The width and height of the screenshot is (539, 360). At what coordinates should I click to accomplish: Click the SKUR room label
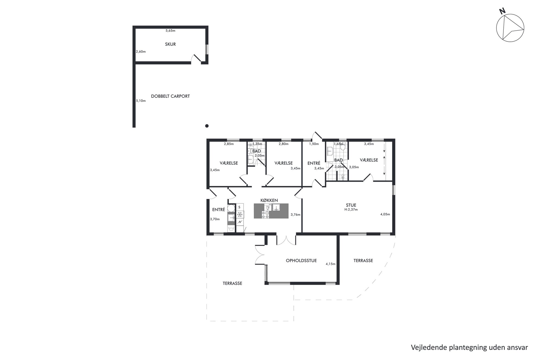(170, 44)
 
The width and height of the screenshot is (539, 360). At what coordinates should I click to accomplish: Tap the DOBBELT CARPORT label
(170, 96)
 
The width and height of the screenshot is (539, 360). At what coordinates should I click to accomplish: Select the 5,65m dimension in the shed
(170, 31)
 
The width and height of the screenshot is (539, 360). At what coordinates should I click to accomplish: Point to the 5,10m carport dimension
(141, 101)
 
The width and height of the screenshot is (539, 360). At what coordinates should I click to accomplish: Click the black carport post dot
(207, 126)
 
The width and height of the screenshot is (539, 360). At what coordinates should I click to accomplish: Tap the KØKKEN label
(269, 200)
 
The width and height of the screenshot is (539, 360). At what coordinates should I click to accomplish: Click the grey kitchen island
(271, 211)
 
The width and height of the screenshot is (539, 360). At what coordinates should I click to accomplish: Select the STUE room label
(351, 205)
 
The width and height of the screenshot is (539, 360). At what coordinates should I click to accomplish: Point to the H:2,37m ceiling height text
(351, 210)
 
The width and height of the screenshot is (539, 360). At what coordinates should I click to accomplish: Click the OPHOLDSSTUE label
(301, 260)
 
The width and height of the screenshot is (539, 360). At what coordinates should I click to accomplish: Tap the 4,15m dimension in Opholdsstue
(330, 264)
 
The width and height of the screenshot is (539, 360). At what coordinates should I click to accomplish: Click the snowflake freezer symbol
(240, 215)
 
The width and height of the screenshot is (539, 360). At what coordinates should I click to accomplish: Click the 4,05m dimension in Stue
(385, 214)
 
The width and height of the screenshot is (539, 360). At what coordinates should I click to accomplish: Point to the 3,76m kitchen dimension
(295, 215)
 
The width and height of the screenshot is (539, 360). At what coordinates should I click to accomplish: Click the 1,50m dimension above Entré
(314, 144)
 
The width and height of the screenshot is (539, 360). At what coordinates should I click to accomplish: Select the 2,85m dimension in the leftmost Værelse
(229, 144)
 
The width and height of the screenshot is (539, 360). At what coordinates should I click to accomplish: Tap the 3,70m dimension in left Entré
(215, 219)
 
